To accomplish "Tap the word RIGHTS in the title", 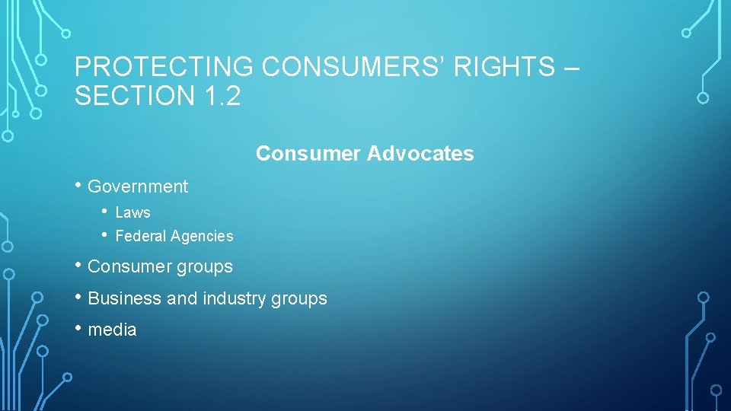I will pyautogui.click(x=505, y=67).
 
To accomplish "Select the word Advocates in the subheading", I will pyautogui.click(x=420, y=154).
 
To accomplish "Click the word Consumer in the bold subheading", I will pyautogui.click(x=308, y=154).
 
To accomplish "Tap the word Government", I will pyautogui.click(x=138, y=186).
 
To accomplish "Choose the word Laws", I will pyautogui.click(x=132, y=213).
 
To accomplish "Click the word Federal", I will pyautogui.click(x=141, y=237).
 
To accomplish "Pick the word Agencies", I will pyautogui.click(x=202, y=237).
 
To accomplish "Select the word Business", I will pyautogui.click(x=125, y=299).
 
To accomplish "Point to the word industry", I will pyautogui.click(x=233, y=299).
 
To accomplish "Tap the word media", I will pyautogui.click(x=113, y=330).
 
